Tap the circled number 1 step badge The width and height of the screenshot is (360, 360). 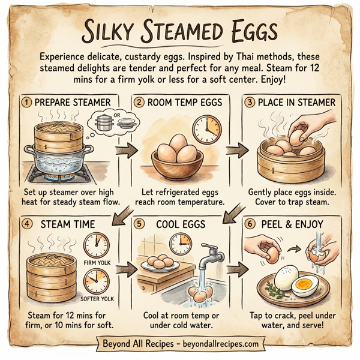click(x=26, y=103)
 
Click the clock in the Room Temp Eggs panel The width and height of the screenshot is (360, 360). click(x=208, y=128)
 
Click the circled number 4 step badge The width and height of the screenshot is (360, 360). click(x=26, y=224)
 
